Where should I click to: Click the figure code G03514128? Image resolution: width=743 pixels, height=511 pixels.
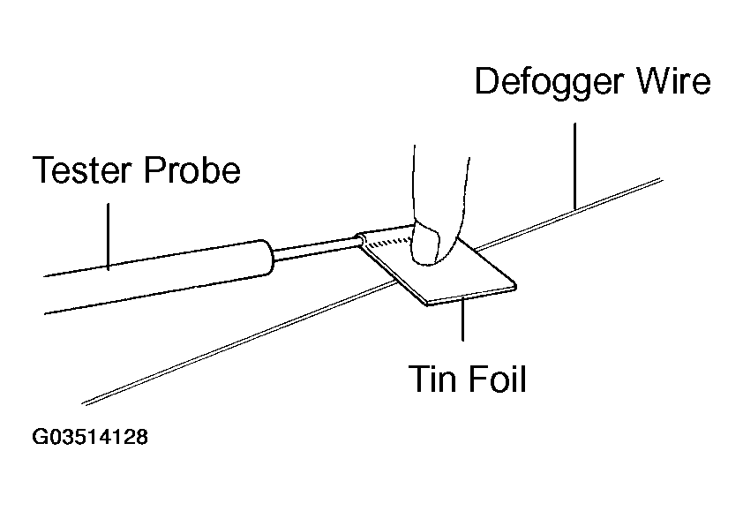tap(89, 437)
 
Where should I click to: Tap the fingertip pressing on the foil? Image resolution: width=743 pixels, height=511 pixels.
tap(432, 244)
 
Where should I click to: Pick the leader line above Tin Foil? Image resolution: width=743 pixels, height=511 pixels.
tap(462, 319)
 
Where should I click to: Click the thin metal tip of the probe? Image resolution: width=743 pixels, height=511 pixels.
tap(318, 246)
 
